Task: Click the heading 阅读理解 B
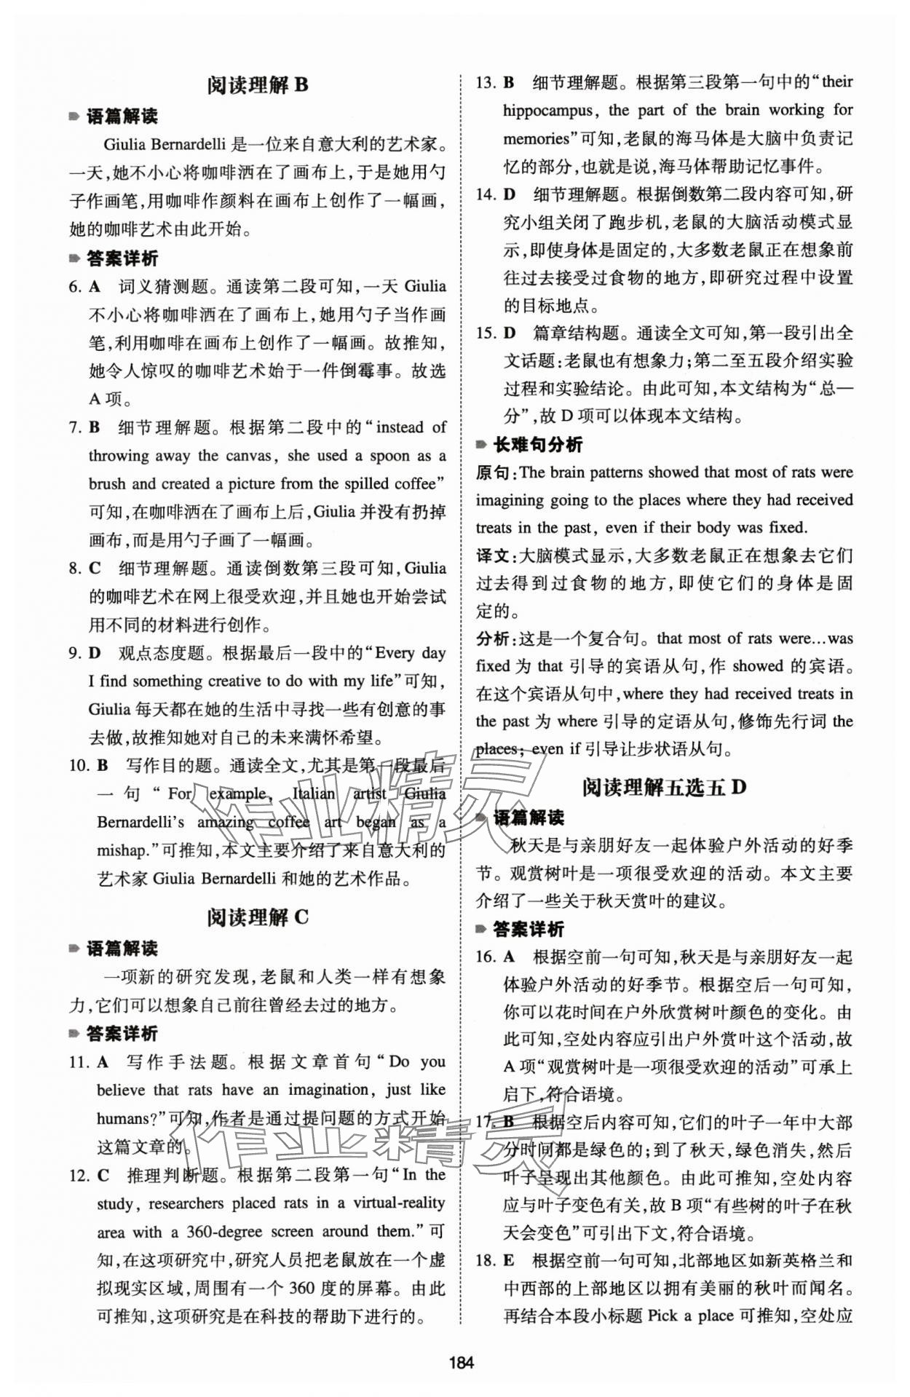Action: (258, 85)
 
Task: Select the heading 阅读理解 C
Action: (258, 917)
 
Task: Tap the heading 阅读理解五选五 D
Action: (664, 787)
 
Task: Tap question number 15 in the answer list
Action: (485, 333)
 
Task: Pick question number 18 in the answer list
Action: (485, 1259)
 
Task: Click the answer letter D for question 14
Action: (510, 194)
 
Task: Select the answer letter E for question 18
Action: (509, 1259)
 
